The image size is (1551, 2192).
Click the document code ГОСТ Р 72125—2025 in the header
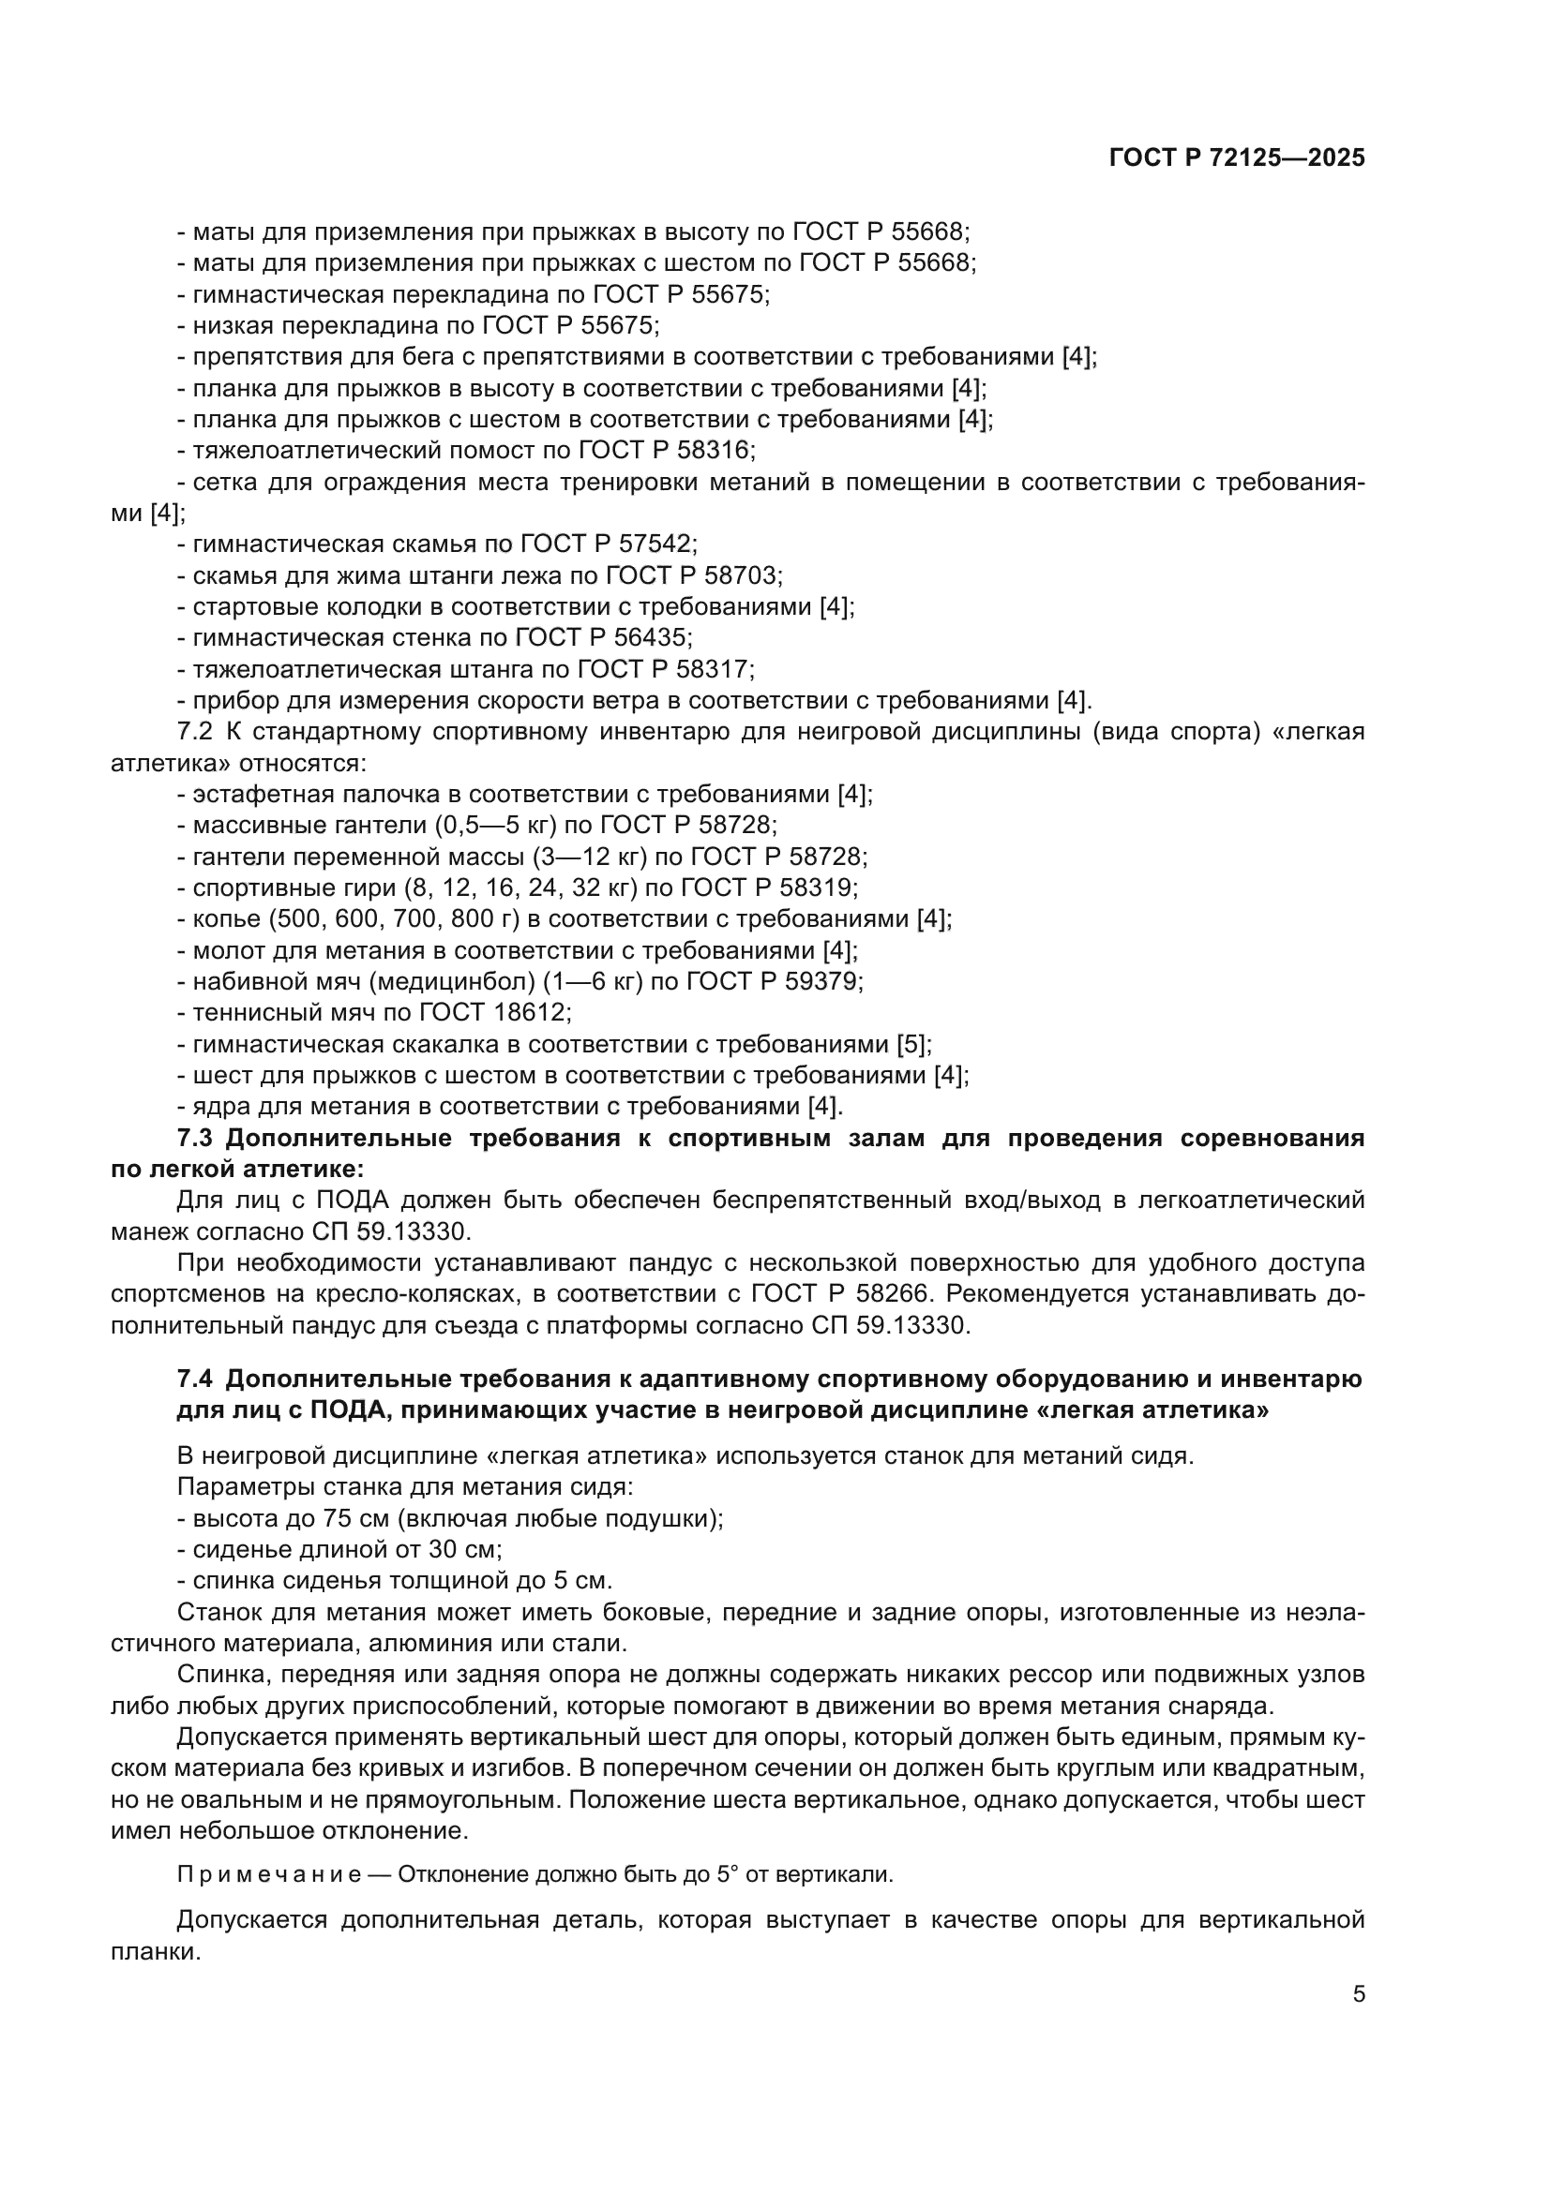point(1237,158)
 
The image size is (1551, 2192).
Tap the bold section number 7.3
point(199,1139)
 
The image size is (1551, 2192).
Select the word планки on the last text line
point(155,1952)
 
